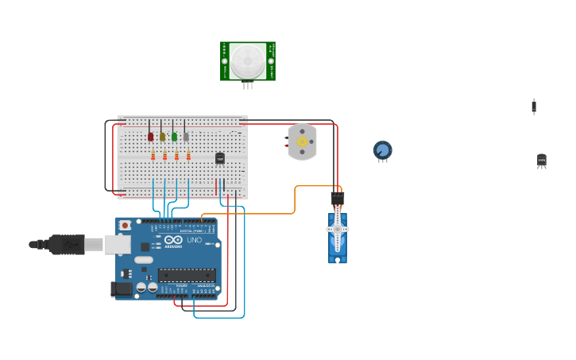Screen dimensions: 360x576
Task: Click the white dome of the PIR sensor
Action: (248, 60)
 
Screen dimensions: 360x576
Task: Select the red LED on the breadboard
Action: (150, 137)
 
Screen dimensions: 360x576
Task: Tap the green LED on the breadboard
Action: (174, 137)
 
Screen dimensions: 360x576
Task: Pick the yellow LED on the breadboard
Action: (162, 137)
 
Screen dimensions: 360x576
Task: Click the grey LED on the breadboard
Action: (186, 137)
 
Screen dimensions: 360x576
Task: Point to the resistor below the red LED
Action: (153, 156)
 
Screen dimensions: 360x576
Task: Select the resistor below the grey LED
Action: (188, 156)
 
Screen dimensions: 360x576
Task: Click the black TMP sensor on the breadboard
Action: (220, 158)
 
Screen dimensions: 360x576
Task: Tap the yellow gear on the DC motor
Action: (302, 141)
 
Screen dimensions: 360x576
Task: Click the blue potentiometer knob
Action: (383, 149)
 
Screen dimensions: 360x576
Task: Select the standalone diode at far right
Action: (534, 106)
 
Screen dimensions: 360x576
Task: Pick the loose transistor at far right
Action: (542, 161)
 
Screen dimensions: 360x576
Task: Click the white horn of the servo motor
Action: (337, 230)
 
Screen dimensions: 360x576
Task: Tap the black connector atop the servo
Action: (338, 198)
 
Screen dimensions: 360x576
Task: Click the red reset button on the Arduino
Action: (125, 226)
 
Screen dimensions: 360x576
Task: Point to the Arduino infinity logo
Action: (172, 240)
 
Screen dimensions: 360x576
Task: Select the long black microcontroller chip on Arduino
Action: (187, 275)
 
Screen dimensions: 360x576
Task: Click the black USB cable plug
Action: (67, 244)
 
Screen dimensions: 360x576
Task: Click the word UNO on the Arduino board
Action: (194, 240)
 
